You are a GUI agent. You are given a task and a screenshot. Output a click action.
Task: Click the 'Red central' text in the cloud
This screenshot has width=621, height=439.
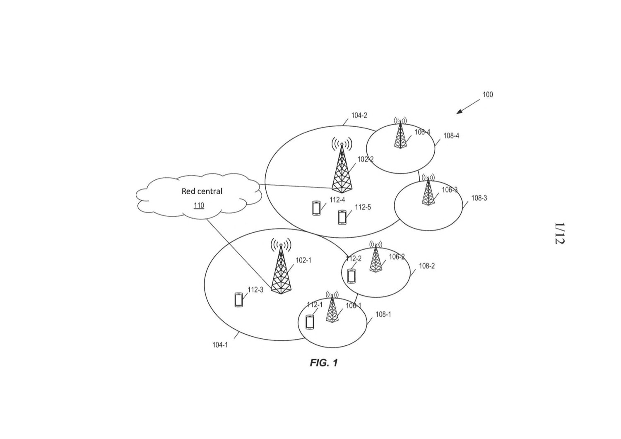point(202,191)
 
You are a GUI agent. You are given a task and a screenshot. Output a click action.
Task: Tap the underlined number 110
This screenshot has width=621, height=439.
point(199,205)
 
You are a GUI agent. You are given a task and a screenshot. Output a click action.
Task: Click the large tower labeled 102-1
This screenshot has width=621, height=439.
point(281,266)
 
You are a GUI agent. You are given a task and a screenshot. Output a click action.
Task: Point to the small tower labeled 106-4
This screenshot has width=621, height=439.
point(400,133)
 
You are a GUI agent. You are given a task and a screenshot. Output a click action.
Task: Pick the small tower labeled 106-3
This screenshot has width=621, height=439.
point(428,190)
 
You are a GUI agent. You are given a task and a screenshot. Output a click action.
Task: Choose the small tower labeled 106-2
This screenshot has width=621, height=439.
point(375,256)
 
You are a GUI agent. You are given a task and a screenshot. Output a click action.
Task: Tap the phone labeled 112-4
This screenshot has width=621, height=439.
point(316,208)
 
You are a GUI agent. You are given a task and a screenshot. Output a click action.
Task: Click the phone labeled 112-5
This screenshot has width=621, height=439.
point(342,217)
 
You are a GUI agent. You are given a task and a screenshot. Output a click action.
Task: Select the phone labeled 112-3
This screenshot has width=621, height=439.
point(239,300)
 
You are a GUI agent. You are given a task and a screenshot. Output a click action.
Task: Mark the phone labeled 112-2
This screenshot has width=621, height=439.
point(351,276)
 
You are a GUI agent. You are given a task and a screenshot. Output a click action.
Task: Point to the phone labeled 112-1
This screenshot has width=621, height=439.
point(310,322)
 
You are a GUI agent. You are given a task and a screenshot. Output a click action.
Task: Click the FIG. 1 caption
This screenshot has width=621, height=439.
point(324,363)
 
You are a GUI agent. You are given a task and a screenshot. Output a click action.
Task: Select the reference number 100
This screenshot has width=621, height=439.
point(488,94)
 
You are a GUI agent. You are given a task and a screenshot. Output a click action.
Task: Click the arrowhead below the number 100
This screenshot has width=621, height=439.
point(459,112)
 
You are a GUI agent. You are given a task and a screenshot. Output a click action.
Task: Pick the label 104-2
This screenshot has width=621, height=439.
point(359,116)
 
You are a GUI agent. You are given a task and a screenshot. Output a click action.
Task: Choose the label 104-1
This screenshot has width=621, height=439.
point(220,345)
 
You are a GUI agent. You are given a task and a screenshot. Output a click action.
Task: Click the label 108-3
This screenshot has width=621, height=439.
point(479,198)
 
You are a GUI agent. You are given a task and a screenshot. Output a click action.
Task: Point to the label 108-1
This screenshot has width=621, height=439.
point(383,314)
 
